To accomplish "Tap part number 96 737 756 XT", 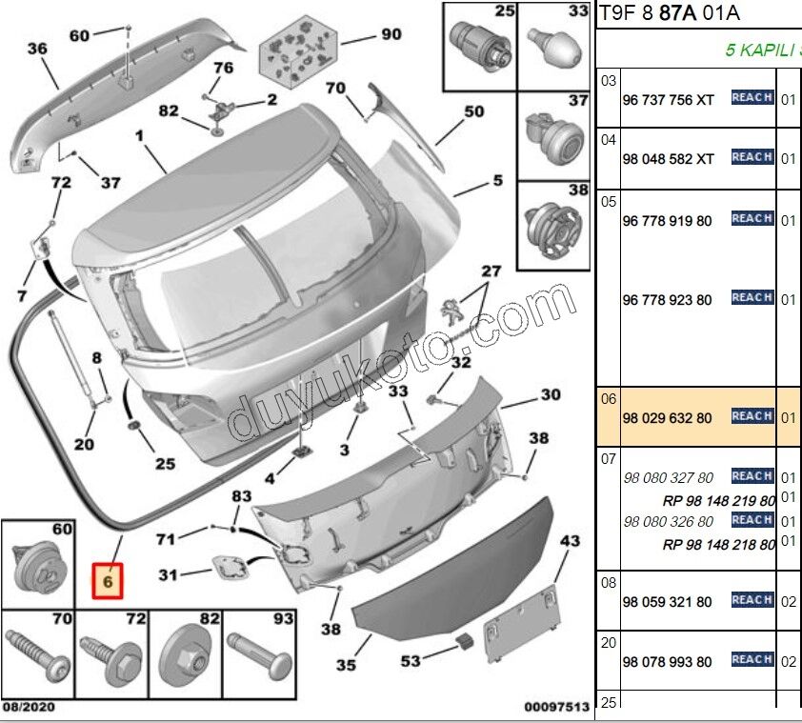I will point(668,98).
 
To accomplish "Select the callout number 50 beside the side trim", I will point(473,111).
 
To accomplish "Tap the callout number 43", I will point(569,541).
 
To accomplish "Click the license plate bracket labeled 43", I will point(519,625).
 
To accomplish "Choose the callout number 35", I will point(347,664).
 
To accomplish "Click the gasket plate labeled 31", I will point(229,568).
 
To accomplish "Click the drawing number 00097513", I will point(556,707).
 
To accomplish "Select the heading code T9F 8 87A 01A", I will point(668,12).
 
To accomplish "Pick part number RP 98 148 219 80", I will point(718,501).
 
